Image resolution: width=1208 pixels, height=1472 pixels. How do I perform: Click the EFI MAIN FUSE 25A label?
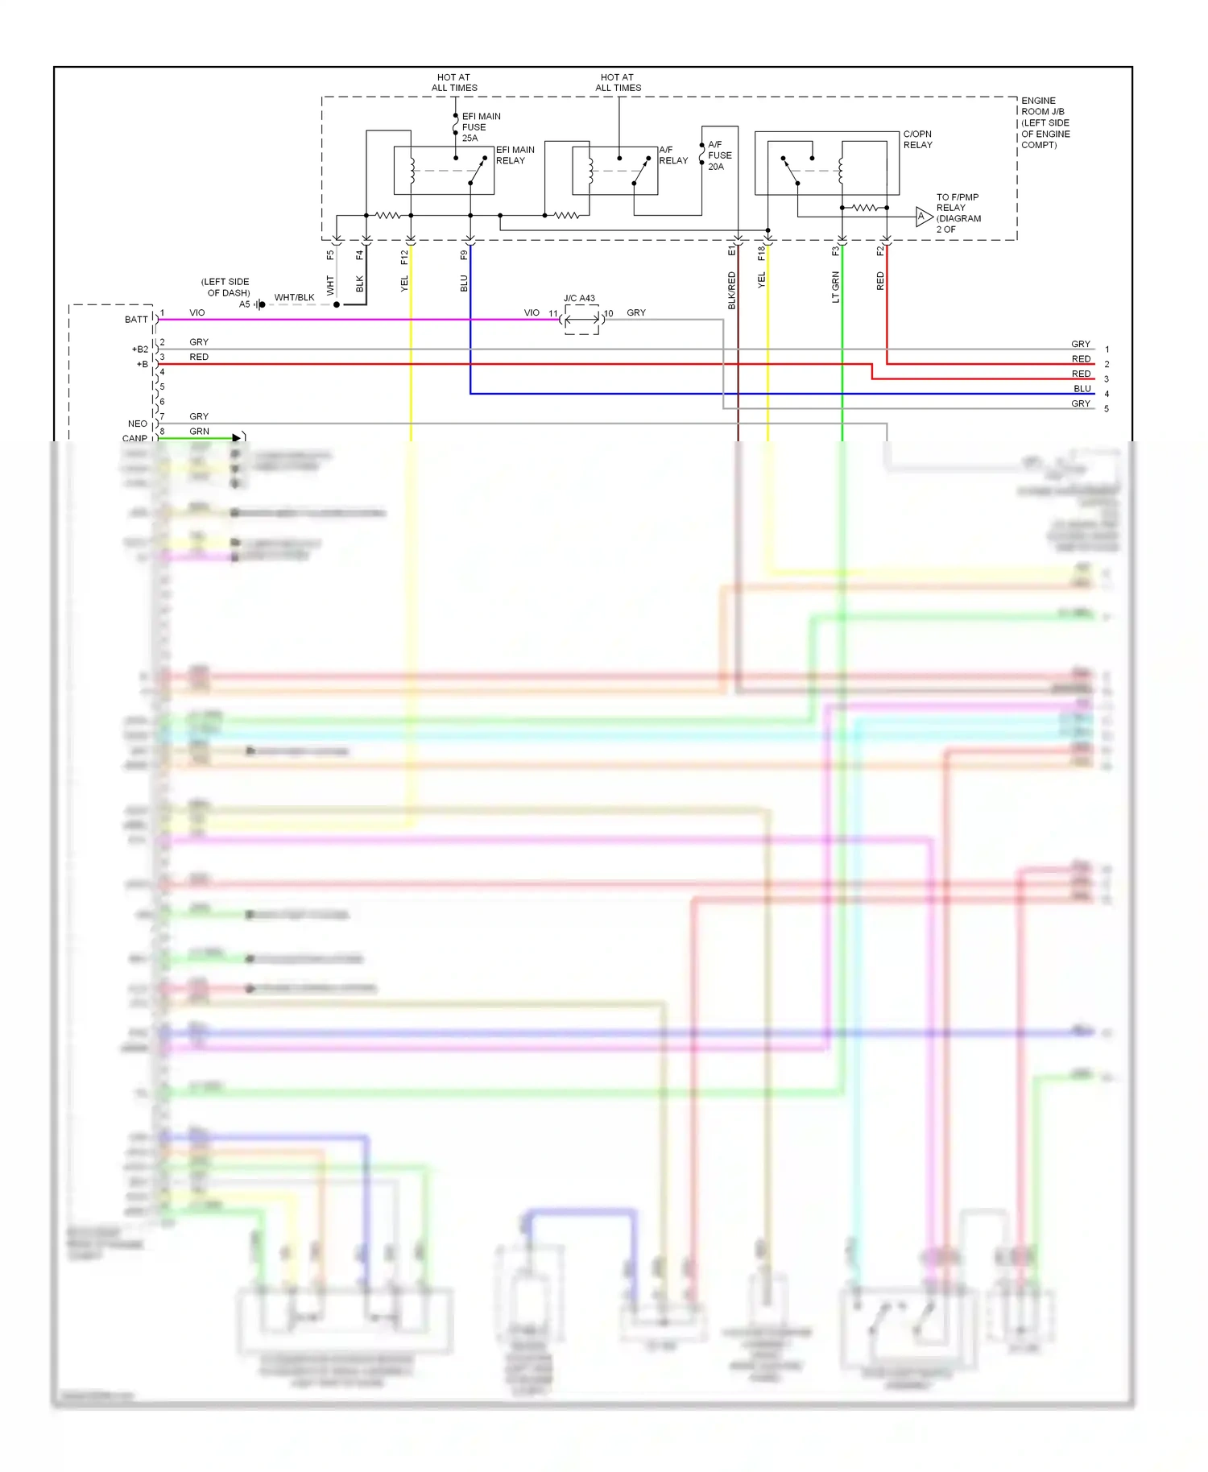pos(480,127)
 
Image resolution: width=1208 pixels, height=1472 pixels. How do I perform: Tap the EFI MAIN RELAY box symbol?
pos(444,171)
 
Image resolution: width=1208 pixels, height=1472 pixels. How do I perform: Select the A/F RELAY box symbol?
pos(614,171)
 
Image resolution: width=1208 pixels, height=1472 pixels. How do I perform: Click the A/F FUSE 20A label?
pos(719,155)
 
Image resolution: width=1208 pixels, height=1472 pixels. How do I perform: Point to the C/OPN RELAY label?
pos(917,139)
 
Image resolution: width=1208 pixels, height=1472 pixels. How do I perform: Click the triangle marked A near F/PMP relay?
pos(923,217)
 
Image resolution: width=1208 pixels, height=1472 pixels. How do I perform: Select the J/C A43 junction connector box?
pos(581,320)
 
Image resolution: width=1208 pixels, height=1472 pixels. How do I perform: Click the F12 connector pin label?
pos(404,257)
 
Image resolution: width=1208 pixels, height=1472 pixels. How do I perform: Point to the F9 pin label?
pos(464,255)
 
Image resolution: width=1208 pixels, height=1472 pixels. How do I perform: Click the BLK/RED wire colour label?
pos(731,291)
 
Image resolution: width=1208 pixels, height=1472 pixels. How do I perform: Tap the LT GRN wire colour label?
pos(835,287)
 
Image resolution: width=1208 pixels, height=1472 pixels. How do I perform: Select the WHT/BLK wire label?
pos(294,297)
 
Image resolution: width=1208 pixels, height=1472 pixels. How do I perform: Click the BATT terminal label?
pos(136,320)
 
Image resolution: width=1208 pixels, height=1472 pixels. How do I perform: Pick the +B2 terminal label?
pos(140,349)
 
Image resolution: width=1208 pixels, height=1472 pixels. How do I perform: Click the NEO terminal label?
pos(138,424)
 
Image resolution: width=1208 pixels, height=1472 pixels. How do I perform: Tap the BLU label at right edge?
pos(1082,388)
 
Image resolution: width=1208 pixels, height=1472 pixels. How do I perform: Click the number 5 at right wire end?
pos(1107,409)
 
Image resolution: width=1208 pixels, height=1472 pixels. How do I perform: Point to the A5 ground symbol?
pos(259,304)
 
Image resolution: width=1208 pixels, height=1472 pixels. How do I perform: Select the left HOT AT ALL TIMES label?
pos(454,83)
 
